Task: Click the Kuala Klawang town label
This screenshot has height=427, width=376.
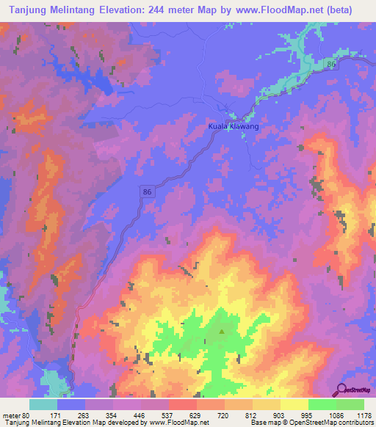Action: [x=233, y=126]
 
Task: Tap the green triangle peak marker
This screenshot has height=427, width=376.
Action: [x=221, y=331]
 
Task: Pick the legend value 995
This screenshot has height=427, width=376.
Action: [x=322, y=416]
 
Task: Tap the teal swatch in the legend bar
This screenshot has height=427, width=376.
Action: [x=43, y=404]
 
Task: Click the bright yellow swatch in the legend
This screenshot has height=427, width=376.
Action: [x=294, y=404]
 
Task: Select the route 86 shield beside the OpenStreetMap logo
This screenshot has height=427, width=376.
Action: [x=331, y=65]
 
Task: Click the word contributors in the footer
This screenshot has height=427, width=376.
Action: [x=354, y=423]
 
